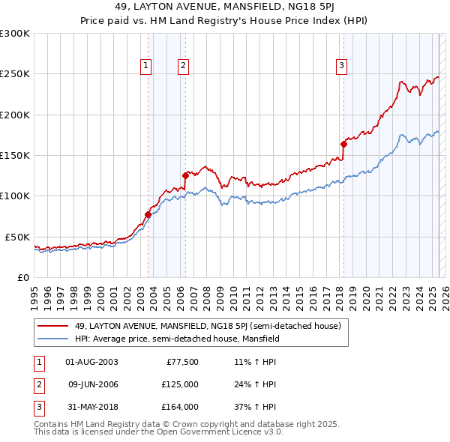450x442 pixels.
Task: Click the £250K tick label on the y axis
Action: coord(15,74)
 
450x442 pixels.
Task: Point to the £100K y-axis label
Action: coord(15,196)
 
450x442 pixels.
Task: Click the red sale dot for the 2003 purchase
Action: coord(148,215)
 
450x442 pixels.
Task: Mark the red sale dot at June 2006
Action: coord(185,175)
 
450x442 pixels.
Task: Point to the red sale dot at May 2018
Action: coord(343,144)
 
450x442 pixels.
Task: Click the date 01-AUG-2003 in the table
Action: coord(91,362)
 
